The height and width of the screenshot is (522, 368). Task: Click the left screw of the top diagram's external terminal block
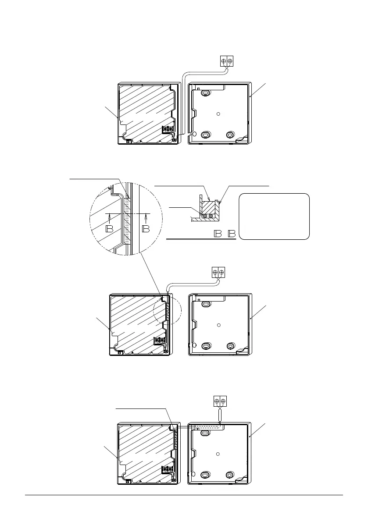pyautogui.click(x=224, y=62)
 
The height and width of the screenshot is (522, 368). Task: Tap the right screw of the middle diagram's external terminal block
pyautogui.click(x=222, y=272)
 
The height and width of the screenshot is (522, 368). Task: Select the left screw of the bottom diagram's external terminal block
pyautogui.click(x=216, y=401)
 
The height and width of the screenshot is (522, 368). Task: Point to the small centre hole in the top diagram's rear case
pyautogui.click(x=218, y=114)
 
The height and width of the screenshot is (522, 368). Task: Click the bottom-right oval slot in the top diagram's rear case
pyautogui.click(x=229, y=135)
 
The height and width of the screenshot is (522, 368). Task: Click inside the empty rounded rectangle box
pyautogui.click(x=275, y=216)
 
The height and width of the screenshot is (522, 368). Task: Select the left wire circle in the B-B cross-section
pyautogui.click(x=204, y=216)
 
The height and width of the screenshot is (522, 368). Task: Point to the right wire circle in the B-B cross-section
pyautogui.click(x=211, y=216)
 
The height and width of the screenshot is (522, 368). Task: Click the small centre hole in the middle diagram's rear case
pyautogui.click(x=218, y=325)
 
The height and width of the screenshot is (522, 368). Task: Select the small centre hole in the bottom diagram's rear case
pyautogui.click(x=218, y=454)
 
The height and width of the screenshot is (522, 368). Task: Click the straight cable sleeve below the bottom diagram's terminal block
pyautogui.click(x=220, y=414)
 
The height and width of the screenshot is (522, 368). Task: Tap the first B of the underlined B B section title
pyautogui.click(x=217, y=234)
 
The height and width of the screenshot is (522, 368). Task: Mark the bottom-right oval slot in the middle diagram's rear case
pyautogui.click(x=229, y=346)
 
